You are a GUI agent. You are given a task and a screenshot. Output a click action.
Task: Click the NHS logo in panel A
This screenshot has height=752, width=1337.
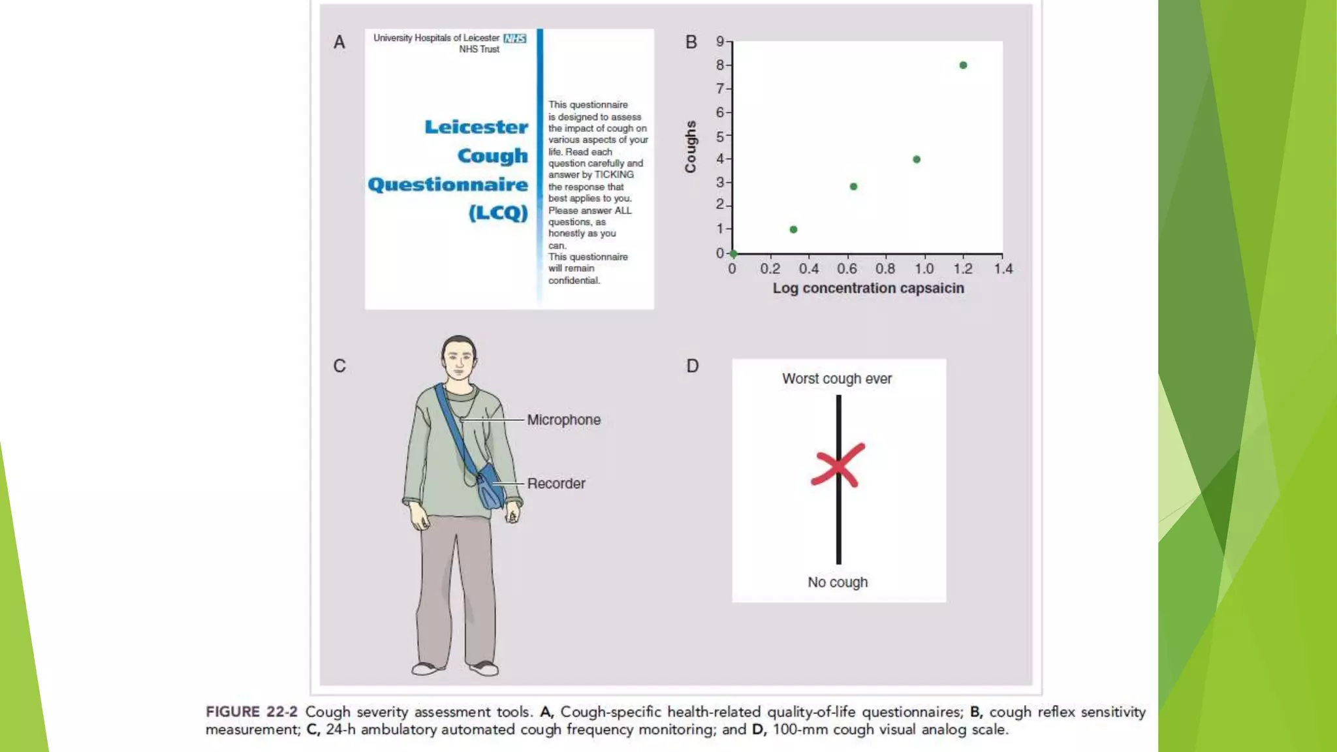click(x=514, y=39)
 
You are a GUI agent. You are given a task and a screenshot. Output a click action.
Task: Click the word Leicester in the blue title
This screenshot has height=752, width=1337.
click(x=476, y=127)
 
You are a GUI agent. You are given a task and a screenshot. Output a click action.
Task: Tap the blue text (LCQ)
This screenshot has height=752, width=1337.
click(x=497, y=213)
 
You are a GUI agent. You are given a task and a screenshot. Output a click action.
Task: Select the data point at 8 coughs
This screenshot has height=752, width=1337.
click(x=963, y=65)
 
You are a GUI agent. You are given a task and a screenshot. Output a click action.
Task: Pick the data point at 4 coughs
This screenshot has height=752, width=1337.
click(x=917, y=159)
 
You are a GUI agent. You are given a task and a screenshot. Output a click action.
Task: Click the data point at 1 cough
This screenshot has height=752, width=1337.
click(x=793, y=230)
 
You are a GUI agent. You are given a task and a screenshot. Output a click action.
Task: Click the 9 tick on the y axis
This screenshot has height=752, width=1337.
click(x=720, y=42)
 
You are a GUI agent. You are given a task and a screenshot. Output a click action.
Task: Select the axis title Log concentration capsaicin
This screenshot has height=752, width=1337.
click(x=868, y=289)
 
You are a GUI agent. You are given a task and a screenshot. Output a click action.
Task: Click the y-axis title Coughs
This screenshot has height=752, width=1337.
click(x=690, y=147)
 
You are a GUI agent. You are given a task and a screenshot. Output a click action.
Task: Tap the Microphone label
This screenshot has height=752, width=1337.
click(x=563, y=420)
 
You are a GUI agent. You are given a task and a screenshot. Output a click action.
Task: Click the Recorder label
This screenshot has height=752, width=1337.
click(x=556, y=484)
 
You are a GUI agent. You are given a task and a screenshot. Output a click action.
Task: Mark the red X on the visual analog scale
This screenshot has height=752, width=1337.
click(x=838, y=465)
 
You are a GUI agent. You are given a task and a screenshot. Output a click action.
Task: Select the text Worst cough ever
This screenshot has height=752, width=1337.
click(x=837, y=379)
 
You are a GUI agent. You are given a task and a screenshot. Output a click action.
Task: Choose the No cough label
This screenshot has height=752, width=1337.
click(x=838, y=582)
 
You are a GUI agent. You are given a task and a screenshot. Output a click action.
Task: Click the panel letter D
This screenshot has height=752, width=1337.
click(x=693, y=366)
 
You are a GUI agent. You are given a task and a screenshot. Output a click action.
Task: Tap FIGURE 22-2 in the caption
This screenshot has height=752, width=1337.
click(x=251, y=712)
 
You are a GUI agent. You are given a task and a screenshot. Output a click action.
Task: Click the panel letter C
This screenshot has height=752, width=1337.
click(x=339, y=366)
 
